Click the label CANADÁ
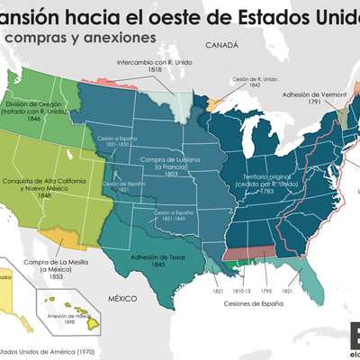(220, 45)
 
